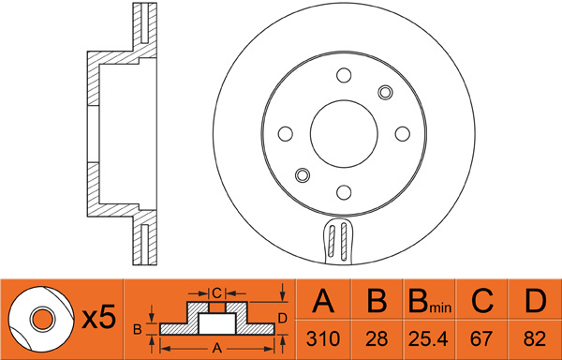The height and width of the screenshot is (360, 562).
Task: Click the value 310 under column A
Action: pyautogui.click(x=323, y=338)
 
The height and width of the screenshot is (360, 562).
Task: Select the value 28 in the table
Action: pyautogui.click(x=377, y=338)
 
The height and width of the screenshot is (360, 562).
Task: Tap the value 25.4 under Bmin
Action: pyautogui.click(x=429, y=338)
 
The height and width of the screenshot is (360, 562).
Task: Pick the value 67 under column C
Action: pyautogui.click(x=482, y=338)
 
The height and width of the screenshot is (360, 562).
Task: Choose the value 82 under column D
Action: pyautogui.click(x=535, y=338)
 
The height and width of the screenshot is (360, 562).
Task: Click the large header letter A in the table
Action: pyautogui.click(x=323, y=301)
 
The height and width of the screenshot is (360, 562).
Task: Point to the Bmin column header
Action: pyautogui.click(x=430, y=301)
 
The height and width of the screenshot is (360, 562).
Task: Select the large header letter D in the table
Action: pyautogui.click(x=535, y=301)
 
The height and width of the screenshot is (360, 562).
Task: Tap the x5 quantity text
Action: pyautogui.click(x=98, y=316)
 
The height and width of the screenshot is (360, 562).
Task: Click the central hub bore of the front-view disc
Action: pyautogui.click(x=344, y=134)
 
